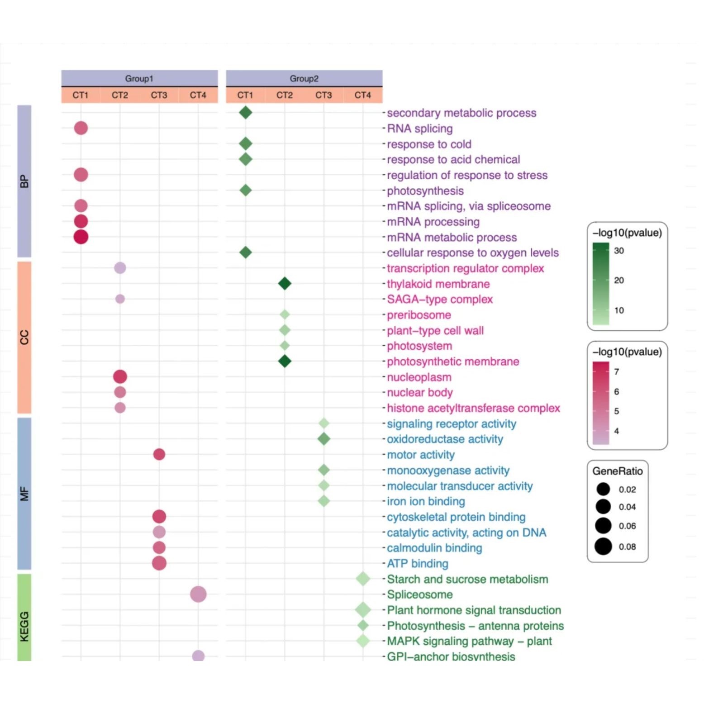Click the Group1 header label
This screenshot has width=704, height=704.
click(139, 79)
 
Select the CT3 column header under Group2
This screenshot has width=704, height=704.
click(323, 95)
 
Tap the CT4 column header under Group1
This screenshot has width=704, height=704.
click(198, 95)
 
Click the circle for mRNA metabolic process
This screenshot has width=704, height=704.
click(81, 237)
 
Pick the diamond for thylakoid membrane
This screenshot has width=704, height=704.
click(285, 284)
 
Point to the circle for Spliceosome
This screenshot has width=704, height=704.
click(198, 594)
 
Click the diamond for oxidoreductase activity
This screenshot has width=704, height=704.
click(324, 439)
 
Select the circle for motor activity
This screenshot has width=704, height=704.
click(159, 454)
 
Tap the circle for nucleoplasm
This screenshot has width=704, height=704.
click(120, 376)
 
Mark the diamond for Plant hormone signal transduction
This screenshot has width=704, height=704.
click(363, 610)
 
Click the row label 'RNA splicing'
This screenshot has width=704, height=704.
click(419, 128)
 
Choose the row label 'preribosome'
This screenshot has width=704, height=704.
click(419, 315)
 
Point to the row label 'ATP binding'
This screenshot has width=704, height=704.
click(417, 563)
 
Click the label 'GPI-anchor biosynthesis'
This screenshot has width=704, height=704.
click(451, 656)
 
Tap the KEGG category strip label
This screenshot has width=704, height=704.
click(24, 626)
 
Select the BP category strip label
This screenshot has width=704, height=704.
click(24, 181)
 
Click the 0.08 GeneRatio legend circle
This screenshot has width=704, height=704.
click(603, 547)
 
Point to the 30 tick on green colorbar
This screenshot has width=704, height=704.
click(619, 251)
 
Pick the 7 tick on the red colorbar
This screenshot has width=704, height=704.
click(616, 372)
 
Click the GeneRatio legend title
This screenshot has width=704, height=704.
click(617, 471)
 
